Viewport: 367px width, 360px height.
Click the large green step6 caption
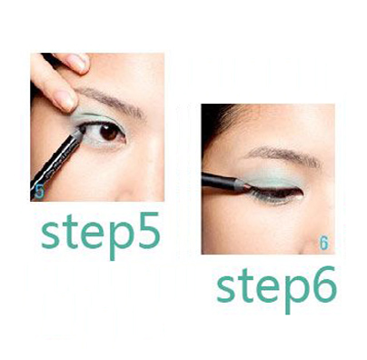click(277, 289)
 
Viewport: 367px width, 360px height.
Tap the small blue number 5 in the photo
click(39, 191)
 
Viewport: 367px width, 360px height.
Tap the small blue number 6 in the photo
click(323, 243)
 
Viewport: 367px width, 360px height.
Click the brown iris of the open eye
click(109, 132)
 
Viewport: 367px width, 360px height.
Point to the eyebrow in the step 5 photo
click(111, 102)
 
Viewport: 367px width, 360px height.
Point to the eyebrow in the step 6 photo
click(283, 155)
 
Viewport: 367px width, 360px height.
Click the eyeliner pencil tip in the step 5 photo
click(81, 131)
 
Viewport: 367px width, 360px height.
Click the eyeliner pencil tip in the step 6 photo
click(248, 187)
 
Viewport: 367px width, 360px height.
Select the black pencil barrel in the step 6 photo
click(221, 181)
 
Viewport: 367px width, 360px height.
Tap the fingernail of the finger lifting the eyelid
click(66, 100)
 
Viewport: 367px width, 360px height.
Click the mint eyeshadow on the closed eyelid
click(271, 179)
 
